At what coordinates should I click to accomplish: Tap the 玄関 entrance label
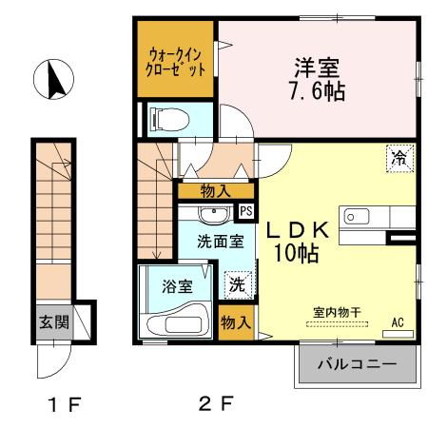tap(53, 321)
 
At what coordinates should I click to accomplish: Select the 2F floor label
tap(216, 403)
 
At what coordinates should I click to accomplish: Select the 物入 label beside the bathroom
tap(235, 322)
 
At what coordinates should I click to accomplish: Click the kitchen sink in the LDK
tap(357, 217)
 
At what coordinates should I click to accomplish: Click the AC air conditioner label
tap(397, 323)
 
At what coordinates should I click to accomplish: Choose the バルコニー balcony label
tap(357, 363)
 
